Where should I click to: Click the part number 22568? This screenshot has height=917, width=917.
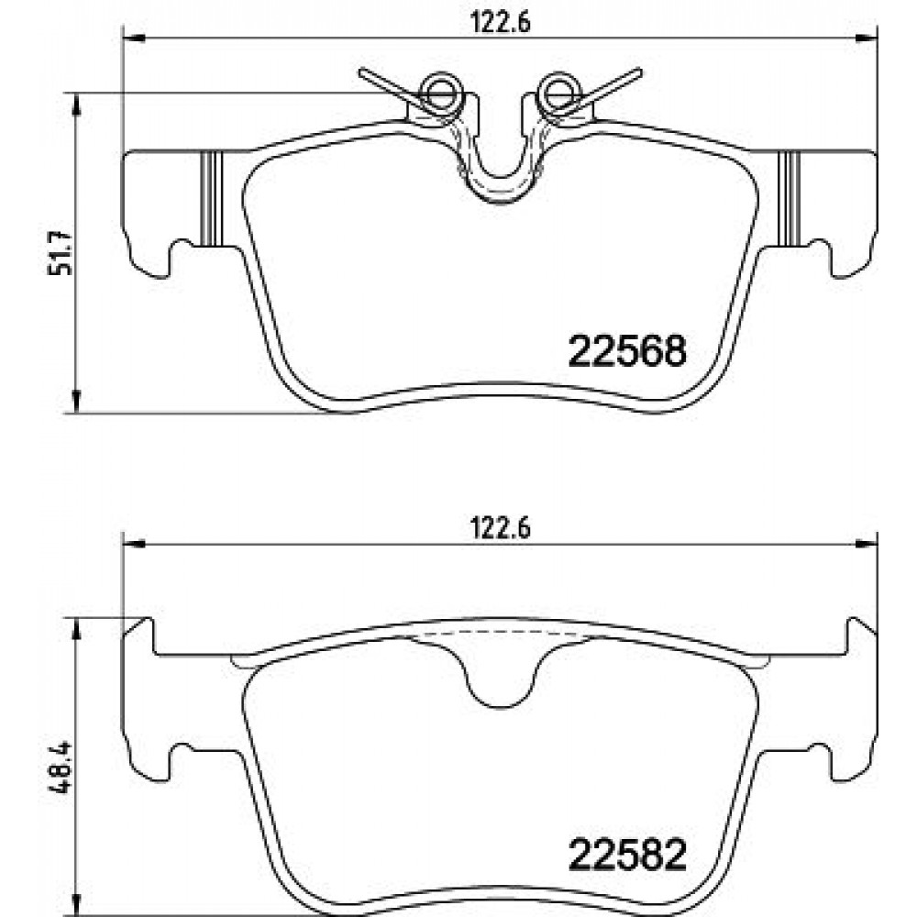coord(627,351)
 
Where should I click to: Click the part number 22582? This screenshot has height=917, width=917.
coord(627,856)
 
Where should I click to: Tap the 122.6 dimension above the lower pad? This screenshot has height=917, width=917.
coord(501,528)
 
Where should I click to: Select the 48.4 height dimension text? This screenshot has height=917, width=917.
coord(61,767)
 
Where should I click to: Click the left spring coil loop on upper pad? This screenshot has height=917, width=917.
coord(442,91)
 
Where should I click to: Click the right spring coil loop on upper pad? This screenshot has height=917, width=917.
coord(559,91)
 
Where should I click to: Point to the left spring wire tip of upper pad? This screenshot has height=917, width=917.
coord(361,72)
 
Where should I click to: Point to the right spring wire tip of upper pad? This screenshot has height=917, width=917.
coord(639,72)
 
